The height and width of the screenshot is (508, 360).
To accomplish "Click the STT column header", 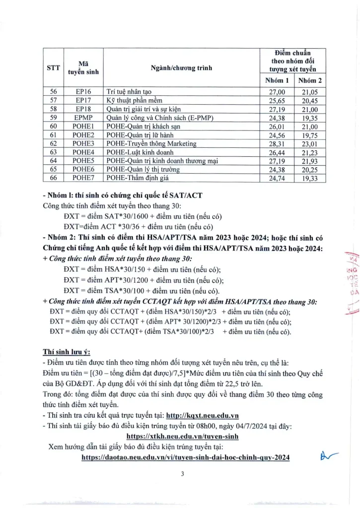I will pos(53,67).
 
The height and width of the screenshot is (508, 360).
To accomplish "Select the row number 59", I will pos(53,118).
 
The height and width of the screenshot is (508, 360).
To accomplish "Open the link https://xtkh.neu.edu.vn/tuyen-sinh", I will pos(183,436).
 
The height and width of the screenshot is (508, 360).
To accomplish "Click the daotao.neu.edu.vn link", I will pos(185,457).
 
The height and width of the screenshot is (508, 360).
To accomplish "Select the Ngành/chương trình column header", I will pos(181,67).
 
